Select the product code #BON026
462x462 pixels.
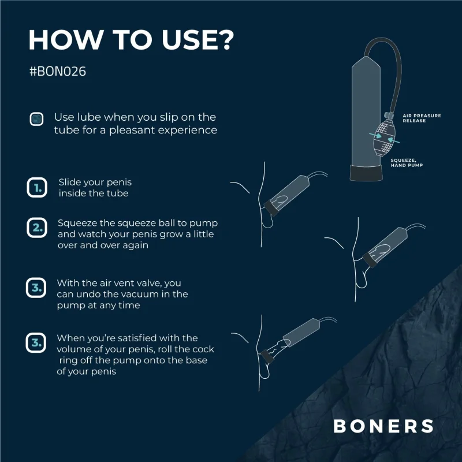point(57,73)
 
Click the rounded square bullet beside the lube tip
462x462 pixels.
point(36,120)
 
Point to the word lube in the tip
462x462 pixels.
point(88,117)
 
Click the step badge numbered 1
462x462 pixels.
point(36,188)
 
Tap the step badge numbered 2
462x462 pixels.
point(36,228)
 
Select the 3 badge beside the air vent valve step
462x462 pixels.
point(36,288)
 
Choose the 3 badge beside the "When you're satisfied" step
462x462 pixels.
point(36,343)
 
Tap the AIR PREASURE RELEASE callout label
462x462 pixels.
point(422,118)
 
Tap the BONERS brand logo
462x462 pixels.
point(383,426)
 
